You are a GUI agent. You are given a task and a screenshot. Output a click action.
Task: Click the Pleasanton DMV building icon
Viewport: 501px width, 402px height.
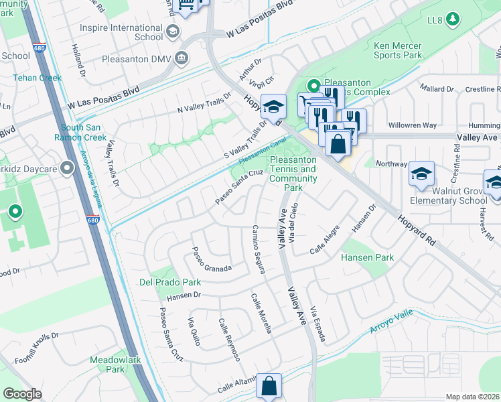pyautogui.click(x=181, y=58)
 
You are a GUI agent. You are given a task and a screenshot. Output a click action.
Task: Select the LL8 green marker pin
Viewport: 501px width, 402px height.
pyautogui.click(x=453, y=18)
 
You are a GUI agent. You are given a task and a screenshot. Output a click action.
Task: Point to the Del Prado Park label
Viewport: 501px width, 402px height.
pyautogui.click(x=170, y=282)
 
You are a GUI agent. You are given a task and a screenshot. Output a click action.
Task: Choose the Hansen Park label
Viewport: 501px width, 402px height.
pyautogui.click(x=367, y=257)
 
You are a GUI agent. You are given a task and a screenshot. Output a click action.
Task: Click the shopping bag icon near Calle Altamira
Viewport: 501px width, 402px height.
pyautogui.click(x=269, y=386)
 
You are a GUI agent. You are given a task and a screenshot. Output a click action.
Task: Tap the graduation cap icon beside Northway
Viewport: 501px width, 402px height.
pyautogui.click(x=421, y=174)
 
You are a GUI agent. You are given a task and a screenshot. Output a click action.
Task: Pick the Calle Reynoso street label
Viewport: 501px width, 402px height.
pyautogui.click(x=229, y=339)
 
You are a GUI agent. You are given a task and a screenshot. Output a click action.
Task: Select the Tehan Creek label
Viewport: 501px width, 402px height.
pyautogui.click(x=37, y=78)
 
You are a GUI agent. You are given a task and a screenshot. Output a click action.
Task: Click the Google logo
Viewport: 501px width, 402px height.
pyautogui.click(x=23, y=393)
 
